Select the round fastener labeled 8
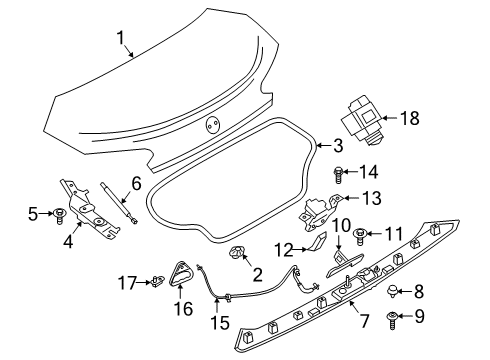point(392,292)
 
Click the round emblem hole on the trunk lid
point(211,125)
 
